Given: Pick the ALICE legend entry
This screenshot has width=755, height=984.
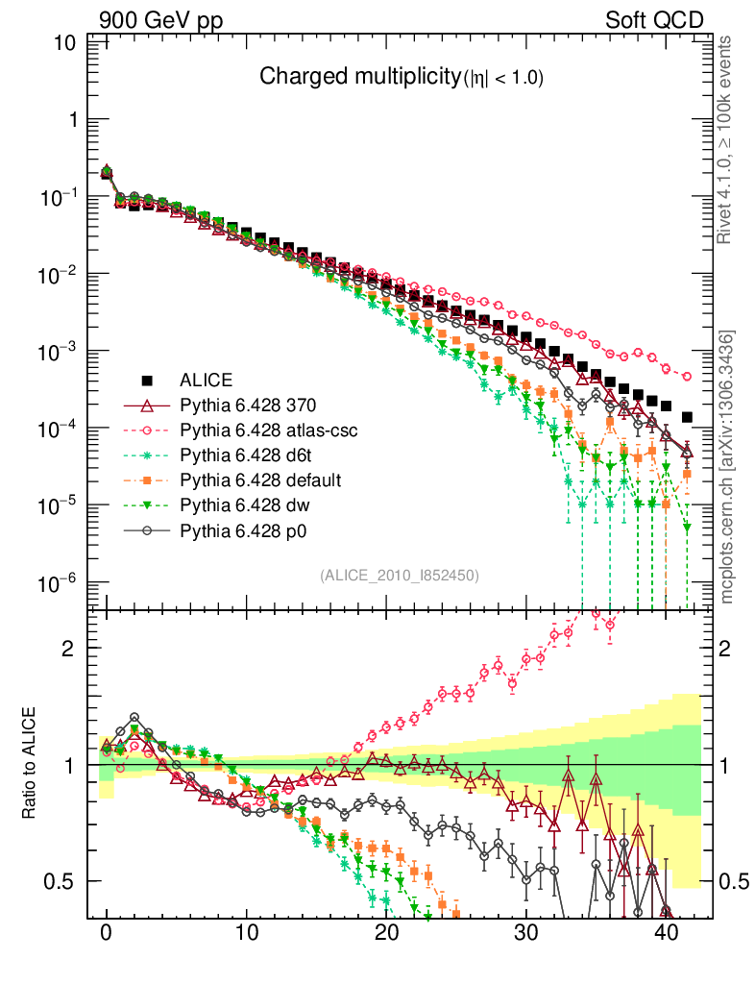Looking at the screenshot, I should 207,380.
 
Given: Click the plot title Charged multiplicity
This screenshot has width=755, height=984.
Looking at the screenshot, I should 402,77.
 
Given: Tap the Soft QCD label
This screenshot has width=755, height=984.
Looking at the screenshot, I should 654,20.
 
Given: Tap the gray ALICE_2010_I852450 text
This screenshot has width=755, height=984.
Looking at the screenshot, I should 399,575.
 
